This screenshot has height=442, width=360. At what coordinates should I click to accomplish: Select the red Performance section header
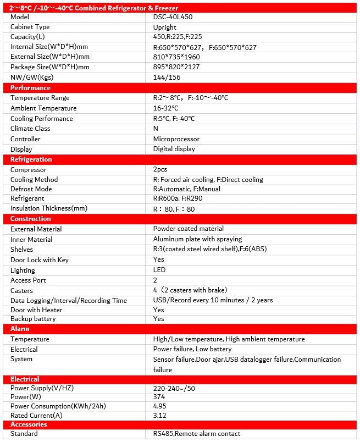30,88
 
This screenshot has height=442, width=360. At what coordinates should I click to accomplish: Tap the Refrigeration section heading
31,159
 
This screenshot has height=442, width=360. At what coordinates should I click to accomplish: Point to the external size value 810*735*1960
176,57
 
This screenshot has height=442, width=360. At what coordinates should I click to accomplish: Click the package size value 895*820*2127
176,67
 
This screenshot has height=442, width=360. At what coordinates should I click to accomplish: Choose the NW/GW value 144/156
167,78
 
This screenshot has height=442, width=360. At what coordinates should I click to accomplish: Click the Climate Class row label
30,129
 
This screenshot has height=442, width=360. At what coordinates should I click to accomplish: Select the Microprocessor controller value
176,139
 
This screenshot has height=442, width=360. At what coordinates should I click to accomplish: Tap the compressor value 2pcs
161,170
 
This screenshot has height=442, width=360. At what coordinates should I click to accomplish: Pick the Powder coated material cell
189,229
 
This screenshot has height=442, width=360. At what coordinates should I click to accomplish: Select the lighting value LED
159,270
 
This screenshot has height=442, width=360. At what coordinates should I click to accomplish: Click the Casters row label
22,291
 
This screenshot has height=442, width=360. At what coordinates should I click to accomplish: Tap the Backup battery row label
33,319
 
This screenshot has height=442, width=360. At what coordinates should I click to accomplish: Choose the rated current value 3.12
160,416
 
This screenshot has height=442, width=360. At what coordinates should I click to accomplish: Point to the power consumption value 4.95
160,406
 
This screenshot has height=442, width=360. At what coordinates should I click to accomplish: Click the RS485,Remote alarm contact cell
197,434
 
